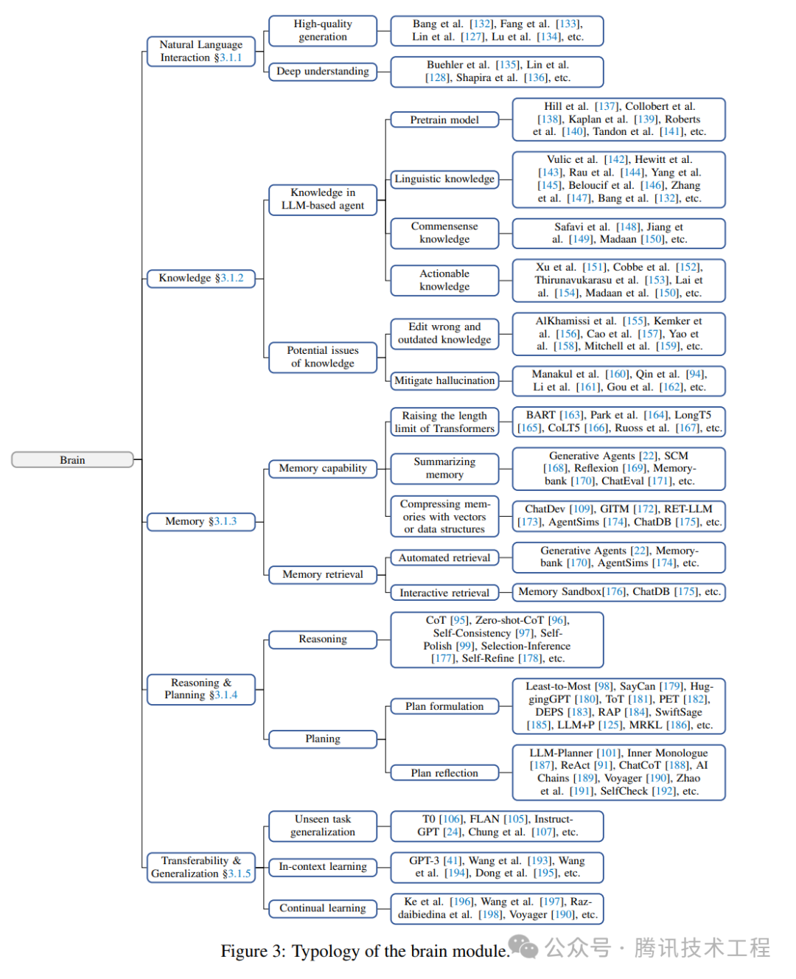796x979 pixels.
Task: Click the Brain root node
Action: coord(72,459)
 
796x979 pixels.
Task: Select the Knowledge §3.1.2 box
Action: coord(200,278)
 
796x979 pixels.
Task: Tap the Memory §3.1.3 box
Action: coord(200,521)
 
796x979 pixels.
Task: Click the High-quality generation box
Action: coord(323,30)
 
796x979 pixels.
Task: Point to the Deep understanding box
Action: coord(323,72)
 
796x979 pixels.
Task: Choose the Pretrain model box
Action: coord(444,119)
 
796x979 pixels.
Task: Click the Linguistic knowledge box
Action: coord(444,178)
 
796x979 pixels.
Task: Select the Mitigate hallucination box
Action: coord(444,380)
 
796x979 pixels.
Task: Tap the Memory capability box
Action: coord(323,468)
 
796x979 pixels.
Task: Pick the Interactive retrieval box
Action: coord(444,593)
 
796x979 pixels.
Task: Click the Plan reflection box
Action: coord(444,773)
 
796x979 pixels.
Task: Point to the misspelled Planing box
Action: coord(323,739)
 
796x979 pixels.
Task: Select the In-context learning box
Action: coord(323,867)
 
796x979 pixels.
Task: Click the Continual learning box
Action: coord(323,908)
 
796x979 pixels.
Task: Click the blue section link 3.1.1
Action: coord(231,58)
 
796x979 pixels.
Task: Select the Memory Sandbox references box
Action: coord(618,591)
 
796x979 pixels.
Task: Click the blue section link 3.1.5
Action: coord(240,874)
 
